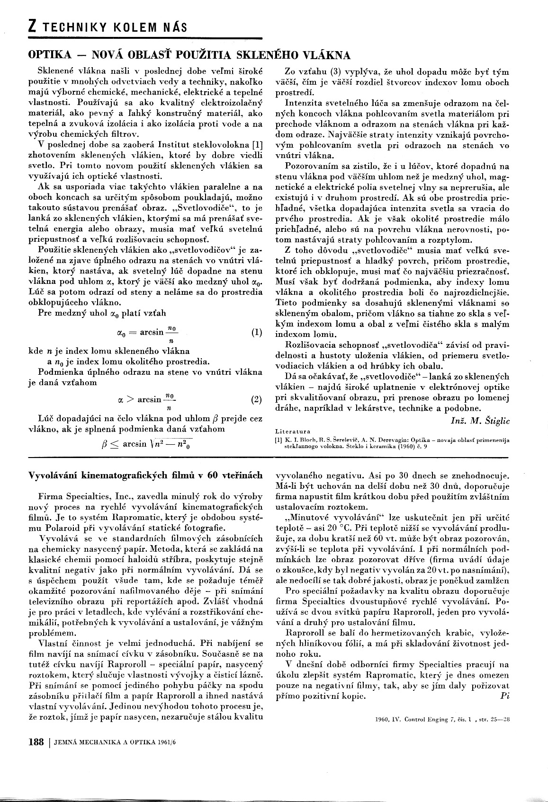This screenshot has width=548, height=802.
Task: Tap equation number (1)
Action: click(x=256, y=332)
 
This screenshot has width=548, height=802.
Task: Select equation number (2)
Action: click(x=256, y=400)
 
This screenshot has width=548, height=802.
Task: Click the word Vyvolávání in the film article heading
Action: click(x=52, y=476)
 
